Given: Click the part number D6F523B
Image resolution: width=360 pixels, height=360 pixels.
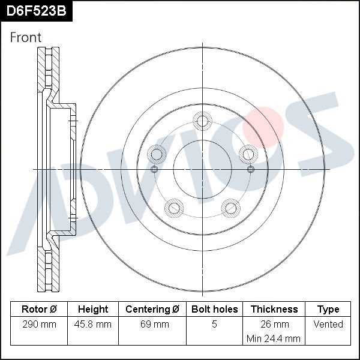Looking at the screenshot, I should [x=37, y=10].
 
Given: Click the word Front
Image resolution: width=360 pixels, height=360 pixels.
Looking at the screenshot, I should [x=26, y=37].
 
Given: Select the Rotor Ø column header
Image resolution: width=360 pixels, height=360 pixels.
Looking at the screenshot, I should [x=39, y=310].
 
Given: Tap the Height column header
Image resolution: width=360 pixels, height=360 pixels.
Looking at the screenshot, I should [x=93, y=310].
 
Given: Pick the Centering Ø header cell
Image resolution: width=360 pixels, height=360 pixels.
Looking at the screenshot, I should [x=152, y=310].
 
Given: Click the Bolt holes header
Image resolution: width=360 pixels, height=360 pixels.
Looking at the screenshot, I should [x=215, y=310].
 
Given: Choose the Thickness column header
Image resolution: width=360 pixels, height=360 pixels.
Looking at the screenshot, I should [x=274, y=310].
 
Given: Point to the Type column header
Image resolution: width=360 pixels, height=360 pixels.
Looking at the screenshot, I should [x=328, y=310].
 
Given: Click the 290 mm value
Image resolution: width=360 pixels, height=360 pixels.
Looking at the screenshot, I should [x=39, y=325].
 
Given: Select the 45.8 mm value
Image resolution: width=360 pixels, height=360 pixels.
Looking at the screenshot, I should [x=93, y=325].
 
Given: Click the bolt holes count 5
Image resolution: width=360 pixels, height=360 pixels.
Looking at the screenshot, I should [x=215, y=325].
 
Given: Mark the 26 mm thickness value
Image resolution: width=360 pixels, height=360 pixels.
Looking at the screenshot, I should [x=274, y=325].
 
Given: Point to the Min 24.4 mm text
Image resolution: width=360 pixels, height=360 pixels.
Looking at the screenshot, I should [x=274, y=338].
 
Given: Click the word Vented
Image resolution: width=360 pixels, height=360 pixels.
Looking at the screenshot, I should [x=328, y=325].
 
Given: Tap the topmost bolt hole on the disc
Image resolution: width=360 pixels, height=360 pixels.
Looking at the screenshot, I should [x=203, y=122].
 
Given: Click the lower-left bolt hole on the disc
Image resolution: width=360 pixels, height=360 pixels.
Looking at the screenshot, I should [x=174, y=208].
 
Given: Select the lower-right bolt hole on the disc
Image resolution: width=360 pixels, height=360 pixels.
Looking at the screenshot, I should [x=231, y=208].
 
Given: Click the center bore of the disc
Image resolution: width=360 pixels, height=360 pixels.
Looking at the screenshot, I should [x=203, y=169].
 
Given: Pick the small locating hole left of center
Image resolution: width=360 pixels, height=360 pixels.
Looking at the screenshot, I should [x=155, y=169].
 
